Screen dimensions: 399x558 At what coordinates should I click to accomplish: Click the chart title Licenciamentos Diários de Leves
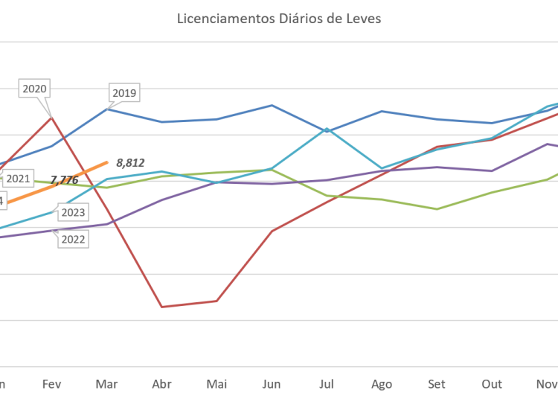(x=279, y=19)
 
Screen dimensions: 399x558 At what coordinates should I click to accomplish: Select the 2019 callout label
(x=124, y=94)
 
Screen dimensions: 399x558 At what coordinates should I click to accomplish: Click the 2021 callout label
(x=17, y=179)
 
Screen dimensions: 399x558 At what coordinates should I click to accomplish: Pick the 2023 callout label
(x=73, y=213)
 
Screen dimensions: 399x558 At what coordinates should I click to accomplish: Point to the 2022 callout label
(x=73, y=239)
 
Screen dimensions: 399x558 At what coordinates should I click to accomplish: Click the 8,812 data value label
(x=130, y=161)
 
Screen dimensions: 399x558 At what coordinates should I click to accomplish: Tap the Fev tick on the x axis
(x=51, y=384)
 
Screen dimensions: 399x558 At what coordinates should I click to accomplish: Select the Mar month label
(x=106, y=384)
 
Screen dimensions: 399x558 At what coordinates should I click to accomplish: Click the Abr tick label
(x=161, y=384)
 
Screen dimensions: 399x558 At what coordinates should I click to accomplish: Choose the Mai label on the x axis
(x=217, y=384)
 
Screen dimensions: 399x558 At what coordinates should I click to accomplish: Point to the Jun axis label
(x=272, y=384)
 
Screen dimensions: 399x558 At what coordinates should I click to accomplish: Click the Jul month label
(x=327, y=384)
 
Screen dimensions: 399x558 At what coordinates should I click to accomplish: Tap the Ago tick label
(x=382, y=384)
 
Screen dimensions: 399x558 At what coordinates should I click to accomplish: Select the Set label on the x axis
(x=437, y=384)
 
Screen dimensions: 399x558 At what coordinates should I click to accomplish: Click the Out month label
(x=492, y=384)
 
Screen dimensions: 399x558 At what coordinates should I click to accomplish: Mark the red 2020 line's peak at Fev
(x=51, y=116)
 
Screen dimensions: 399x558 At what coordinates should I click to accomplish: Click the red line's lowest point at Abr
(x=161, y=306)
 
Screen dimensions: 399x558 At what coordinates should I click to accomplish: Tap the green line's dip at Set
(x=437, y=208)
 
